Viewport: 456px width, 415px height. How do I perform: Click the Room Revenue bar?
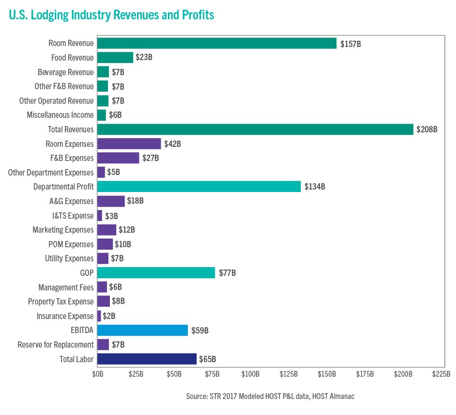217,44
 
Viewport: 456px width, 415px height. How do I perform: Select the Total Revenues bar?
255,129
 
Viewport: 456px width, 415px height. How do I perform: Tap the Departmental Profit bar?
199,187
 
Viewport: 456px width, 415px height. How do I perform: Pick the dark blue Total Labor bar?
147,359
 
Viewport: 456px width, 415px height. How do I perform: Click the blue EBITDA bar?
142,330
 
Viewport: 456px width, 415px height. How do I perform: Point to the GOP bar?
156,273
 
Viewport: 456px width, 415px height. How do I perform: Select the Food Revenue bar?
115,58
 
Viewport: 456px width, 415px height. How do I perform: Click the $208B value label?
426,129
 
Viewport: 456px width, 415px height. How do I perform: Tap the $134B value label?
314,187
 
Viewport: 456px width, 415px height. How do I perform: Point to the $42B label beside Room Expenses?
172,144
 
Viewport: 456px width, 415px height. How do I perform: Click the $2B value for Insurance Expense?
109,316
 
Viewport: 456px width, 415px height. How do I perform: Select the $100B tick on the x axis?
250,374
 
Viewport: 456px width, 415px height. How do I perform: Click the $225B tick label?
441,374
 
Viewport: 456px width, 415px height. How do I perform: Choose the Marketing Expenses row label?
63,230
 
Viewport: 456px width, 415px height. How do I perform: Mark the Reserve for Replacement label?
55,345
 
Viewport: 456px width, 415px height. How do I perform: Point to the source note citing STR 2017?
270,397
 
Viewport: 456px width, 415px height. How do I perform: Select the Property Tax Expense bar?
104,302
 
